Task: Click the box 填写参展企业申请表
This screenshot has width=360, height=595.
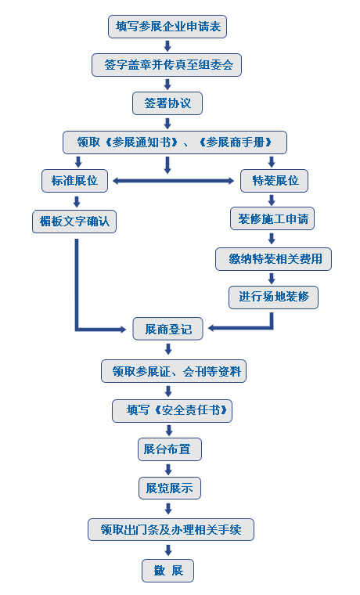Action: pos(168,27)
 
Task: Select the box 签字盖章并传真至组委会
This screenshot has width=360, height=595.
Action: pos(167,64)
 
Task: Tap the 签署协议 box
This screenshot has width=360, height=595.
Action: pos(167,103)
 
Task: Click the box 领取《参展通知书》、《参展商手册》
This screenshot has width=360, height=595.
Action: pos(175,142)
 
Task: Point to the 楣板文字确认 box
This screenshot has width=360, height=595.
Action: pos(74,221)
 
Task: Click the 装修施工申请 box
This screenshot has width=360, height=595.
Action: pos(272,219)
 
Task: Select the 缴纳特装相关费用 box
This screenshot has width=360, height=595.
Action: pos(274,259)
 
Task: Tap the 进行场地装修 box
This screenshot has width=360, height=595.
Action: pos(274,297)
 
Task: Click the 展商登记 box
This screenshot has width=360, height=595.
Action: pos(167,329)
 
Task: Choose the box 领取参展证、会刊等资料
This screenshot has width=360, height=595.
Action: pos(174,370)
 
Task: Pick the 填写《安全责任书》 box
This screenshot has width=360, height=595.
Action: pos(172,410)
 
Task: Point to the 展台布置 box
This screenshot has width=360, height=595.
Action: pos(169,449)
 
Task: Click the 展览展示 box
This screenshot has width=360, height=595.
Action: pos(169,489)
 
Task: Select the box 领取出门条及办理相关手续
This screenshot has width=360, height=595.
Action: pos(171,530)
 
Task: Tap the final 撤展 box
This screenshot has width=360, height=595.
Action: pos(167,570)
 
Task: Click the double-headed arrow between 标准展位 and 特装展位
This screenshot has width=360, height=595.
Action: pos(174,181)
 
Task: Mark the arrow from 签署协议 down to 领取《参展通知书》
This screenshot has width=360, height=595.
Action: pos(167,122)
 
